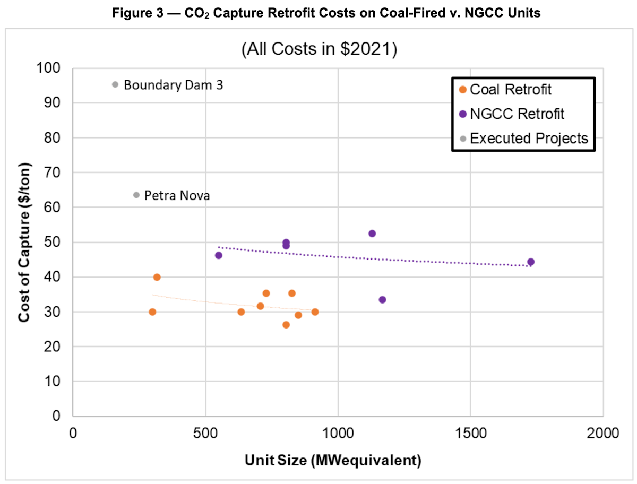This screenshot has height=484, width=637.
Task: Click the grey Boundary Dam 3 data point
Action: (115, 84)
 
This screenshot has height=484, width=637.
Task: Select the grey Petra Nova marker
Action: (136, 195)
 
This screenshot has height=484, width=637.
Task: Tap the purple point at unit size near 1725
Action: (531, 262)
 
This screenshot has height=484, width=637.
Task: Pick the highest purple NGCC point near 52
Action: (372, 234)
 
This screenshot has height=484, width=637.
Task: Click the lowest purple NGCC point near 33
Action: (382, 300)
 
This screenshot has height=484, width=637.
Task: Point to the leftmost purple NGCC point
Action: (218, 255)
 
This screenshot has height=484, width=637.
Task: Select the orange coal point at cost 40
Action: (157, 277)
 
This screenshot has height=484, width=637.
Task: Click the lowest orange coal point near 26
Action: (286, 325)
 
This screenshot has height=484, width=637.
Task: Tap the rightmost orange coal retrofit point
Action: (315, 312)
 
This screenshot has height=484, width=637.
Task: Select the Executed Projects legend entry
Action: (523, 139)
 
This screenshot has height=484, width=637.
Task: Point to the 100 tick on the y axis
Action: (51, 68)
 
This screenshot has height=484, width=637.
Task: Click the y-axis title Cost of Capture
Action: (24, 242)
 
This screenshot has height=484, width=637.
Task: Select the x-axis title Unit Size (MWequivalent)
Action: (333, 460)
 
